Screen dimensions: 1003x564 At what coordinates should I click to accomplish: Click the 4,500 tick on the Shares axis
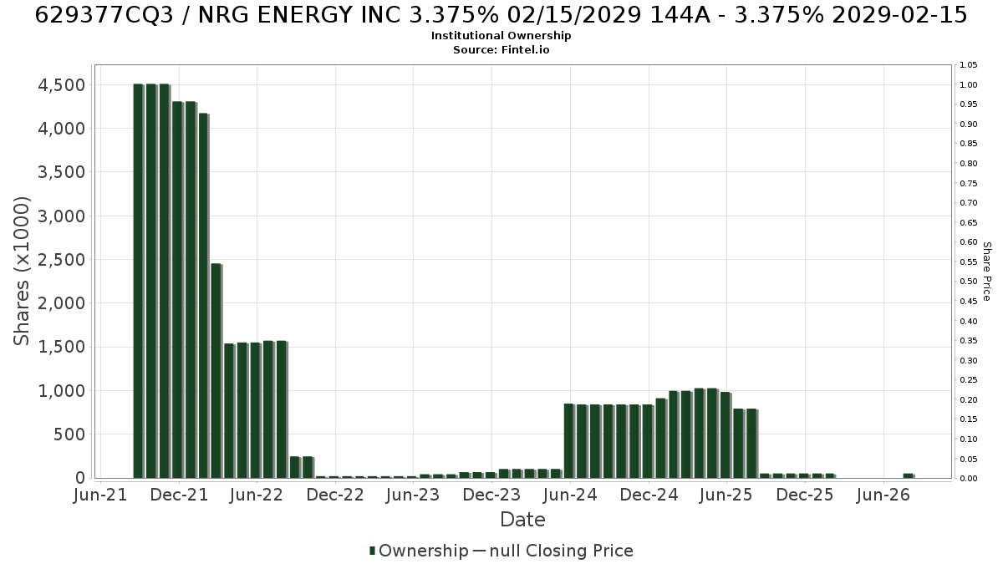(61, 85)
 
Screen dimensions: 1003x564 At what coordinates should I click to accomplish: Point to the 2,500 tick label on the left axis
(61, 260)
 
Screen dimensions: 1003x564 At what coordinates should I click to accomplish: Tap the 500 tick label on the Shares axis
(69, 434)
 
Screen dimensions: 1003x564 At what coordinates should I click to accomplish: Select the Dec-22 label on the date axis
(335, 495)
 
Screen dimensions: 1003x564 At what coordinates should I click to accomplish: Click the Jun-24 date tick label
(570, 495)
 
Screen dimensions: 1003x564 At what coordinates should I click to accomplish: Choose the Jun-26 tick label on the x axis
(883, 495)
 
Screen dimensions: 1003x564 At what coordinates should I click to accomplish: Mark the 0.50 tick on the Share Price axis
(969, 282)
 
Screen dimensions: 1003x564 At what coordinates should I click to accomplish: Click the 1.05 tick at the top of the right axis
(969, 65)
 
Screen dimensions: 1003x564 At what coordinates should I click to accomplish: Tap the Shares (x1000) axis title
(21, 272)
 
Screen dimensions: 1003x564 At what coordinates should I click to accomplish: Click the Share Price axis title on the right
(987, 272)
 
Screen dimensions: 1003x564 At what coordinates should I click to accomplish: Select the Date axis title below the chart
(522, 520)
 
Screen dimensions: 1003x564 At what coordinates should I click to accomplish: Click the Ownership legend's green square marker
(372, 551)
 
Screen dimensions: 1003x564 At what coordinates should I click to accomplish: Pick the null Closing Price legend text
(562, 551)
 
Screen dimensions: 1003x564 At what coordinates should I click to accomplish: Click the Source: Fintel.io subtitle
(501, 49)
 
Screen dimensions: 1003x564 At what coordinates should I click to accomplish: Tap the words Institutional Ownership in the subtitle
(501, 36)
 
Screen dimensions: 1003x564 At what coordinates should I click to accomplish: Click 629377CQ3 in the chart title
(104, 15)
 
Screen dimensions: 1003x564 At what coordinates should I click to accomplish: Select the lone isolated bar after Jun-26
(908, 475)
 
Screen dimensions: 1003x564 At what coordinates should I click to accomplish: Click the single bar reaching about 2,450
(216, 371)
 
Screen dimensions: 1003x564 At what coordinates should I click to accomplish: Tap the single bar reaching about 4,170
(203, 296)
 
